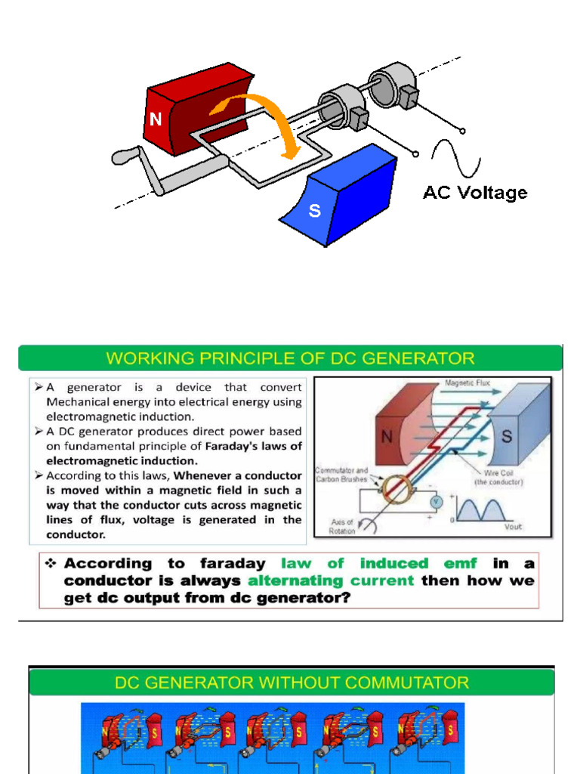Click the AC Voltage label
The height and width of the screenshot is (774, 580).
coord(474,193)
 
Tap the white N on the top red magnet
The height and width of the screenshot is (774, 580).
coord(156,119)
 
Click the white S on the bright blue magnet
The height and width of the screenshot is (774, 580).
coord(314,211)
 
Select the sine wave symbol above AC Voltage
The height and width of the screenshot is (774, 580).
coord(455,158)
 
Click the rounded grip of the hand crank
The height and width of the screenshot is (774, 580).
coord(122,157)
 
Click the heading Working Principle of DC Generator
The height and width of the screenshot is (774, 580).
coord(290,358)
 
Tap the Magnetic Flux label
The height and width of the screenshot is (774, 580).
coord(467,383)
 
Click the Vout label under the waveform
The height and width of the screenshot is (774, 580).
coord(513,527)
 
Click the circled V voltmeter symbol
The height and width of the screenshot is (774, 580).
coord(435,500)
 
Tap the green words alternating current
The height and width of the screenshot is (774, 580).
coord(331,580)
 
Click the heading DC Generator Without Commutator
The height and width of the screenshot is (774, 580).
coord(292,683)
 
